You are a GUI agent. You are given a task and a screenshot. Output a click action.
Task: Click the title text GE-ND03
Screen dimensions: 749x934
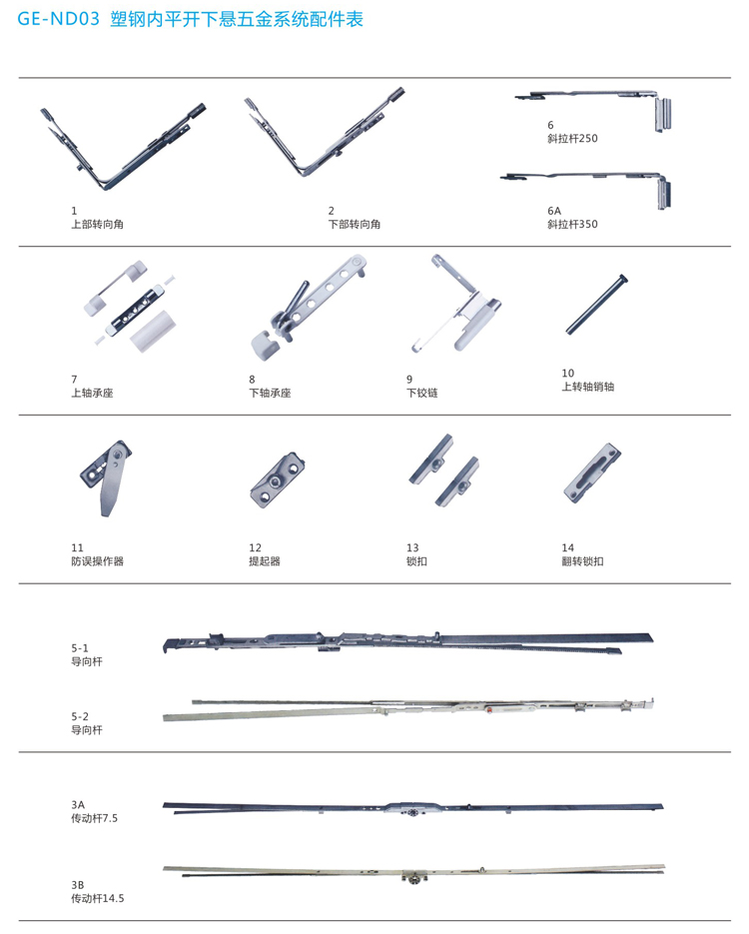(58, 19)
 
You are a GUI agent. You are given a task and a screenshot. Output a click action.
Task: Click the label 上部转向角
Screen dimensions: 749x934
(98, 225)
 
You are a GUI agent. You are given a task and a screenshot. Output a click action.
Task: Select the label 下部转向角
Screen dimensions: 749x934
(355, 225)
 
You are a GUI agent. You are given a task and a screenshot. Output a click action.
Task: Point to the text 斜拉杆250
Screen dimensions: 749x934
(572, 138)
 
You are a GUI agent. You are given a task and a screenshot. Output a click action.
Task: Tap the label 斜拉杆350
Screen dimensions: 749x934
(572, 224)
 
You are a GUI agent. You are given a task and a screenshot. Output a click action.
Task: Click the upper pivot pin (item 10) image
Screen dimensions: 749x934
(596, 304)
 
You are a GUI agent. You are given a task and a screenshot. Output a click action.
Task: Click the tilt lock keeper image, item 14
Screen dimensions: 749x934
(592, 472)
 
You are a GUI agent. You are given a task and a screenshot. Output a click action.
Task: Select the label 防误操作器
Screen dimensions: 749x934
(98, 561)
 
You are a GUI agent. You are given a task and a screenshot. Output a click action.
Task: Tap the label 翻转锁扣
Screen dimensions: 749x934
(582, 561)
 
